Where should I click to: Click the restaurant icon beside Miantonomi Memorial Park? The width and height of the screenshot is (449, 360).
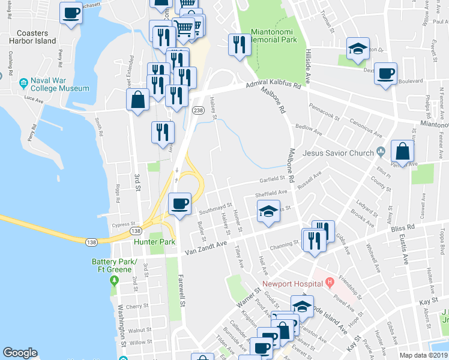(239, 44)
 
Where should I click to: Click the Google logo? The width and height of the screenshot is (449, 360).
(20, 353)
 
